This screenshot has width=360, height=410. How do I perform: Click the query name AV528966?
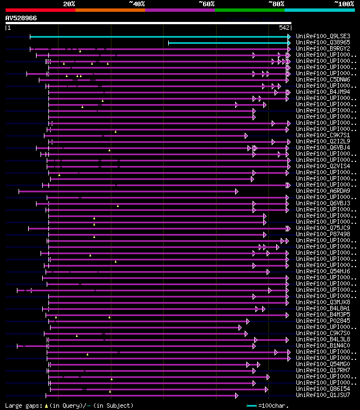click(21, 18)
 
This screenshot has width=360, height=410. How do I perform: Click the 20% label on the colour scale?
click(69, 4)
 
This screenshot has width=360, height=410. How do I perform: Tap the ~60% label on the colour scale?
click(206, 4)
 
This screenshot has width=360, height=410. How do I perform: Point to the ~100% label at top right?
click(344, 4)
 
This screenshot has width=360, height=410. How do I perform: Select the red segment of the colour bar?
click(40, 10)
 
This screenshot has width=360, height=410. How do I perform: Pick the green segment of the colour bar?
click(249, 10)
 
